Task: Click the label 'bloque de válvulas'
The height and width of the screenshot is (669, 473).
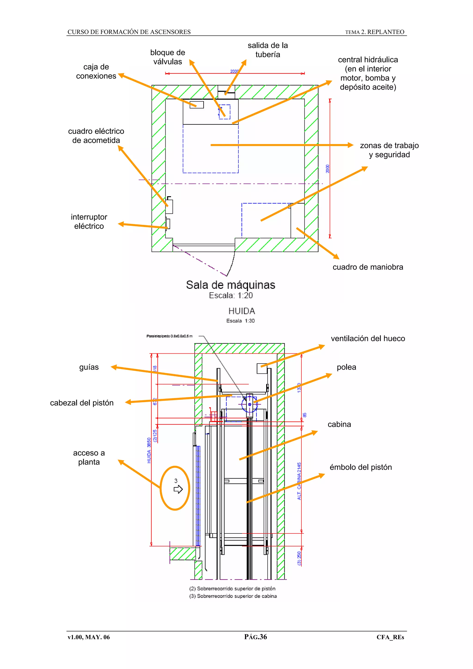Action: pyautogui.click(x=168, y=57)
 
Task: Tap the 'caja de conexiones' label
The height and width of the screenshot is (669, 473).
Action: pyautogui.click(x=96, y=71)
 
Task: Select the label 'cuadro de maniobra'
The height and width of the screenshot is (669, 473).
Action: pyautogui.click(x=368, y=267)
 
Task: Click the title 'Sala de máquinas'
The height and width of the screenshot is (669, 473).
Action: pyautogui.click(x=230, y=285)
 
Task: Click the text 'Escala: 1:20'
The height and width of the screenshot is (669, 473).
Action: pyautogui.click(x=230, y=295)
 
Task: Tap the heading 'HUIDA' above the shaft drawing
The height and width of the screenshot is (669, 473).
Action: pyautogui.click(x=242, y=311)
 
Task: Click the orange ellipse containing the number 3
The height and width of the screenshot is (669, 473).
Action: pyautogui.click(x=175, y=488)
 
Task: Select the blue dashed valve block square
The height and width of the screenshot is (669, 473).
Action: pyautogui.click(x=225, y=112)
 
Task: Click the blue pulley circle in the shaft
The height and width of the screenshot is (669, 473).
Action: pyautogui.click(x=249, y=404)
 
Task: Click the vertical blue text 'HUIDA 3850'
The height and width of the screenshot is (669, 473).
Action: pyautogui.click(x=149, y=450)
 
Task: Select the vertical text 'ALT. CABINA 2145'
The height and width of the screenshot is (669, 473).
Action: pyautogui.click(x=299, y=481)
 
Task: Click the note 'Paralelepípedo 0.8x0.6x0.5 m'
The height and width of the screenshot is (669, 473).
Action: pyautogui.click(x=169, y=336)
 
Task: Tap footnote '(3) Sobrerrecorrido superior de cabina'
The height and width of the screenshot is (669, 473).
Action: pyautogui.click(x=233, y=596)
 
